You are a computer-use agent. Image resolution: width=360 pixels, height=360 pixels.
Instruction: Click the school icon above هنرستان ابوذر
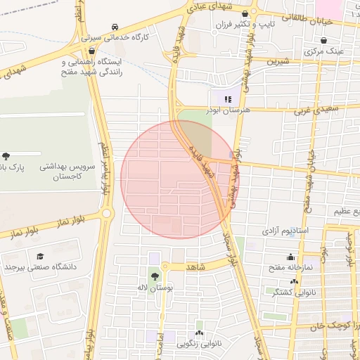point(226,99)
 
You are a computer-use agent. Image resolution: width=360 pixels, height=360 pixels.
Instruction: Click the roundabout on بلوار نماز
point(106,212)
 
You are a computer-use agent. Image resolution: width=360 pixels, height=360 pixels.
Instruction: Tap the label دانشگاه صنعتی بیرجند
point(40,267)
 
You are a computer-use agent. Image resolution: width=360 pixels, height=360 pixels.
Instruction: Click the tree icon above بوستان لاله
point(154,277)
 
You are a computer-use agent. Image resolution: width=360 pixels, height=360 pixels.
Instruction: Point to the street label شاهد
point(195,268)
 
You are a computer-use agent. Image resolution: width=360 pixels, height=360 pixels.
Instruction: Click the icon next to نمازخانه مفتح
point(290,257)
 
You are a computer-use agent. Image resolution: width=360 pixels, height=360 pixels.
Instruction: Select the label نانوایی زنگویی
point(200,344)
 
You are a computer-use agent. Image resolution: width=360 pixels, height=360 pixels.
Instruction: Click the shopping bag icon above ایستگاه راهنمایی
point(92,51)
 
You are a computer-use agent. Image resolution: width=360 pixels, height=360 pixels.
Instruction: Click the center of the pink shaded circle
point(180,179)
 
